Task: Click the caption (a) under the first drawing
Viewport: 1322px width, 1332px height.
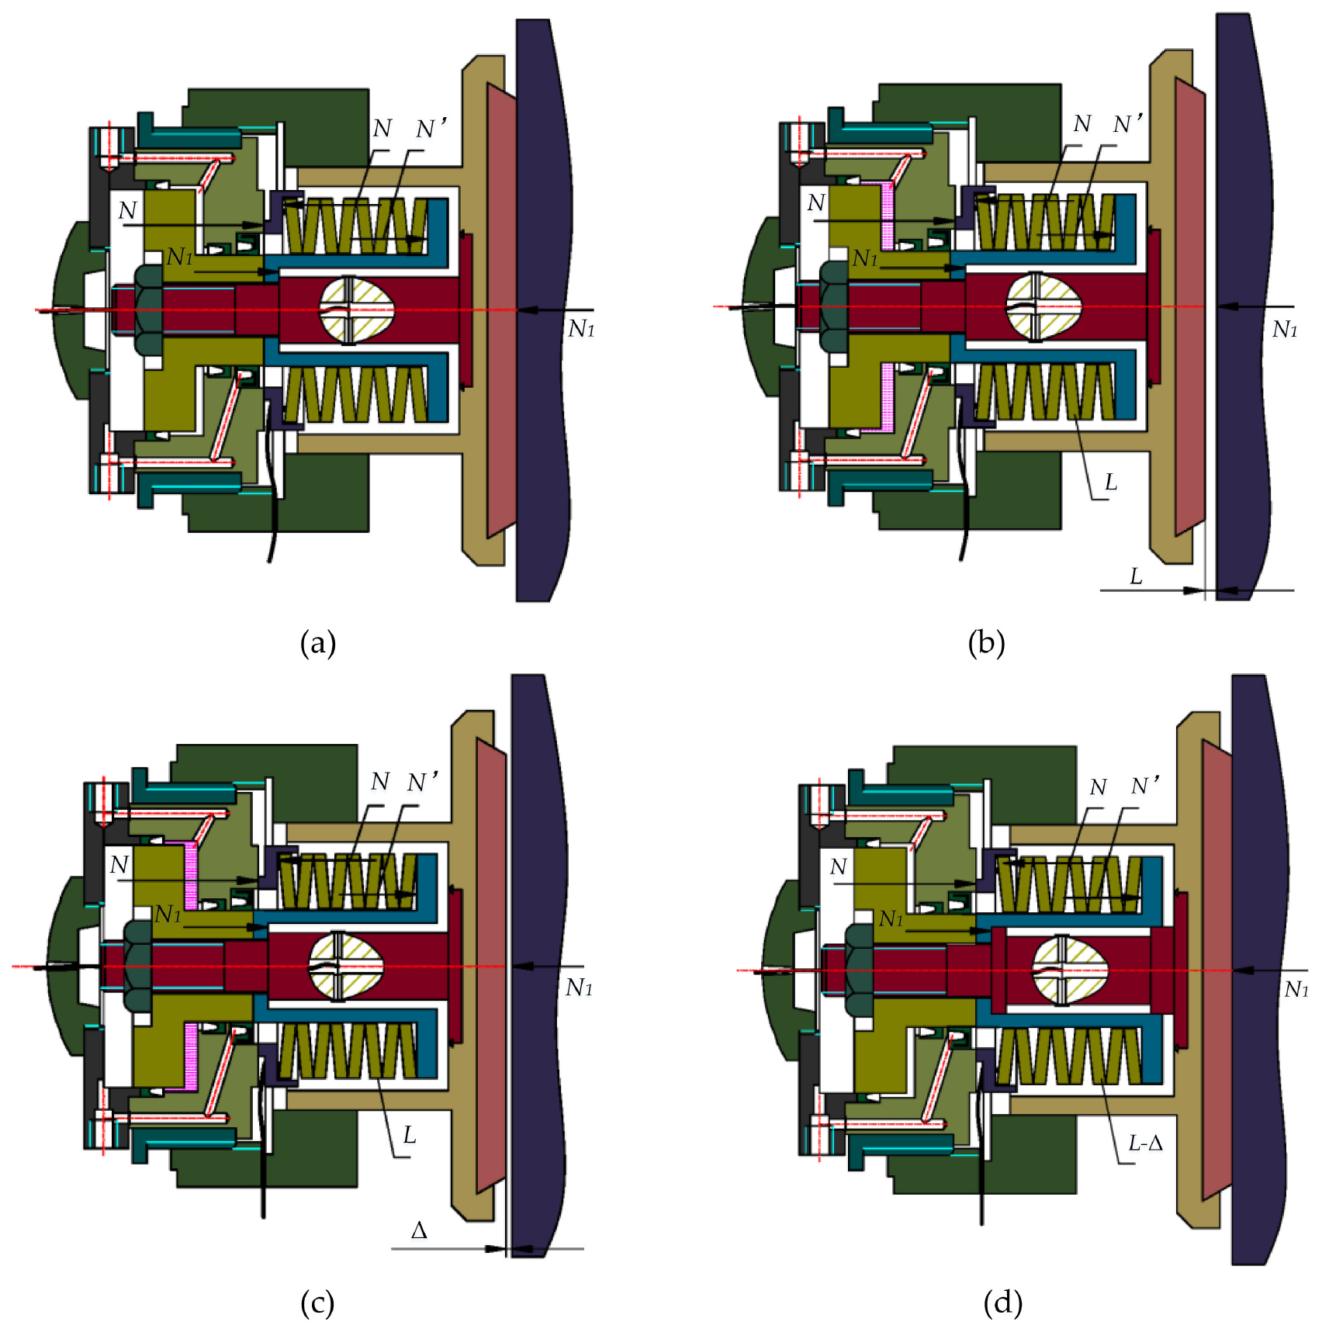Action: click(x=317, y=643)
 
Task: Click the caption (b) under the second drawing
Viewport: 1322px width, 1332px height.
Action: click(x=986, y=643)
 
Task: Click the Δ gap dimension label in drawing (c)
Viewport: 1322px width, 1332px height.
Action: click(x=419, y=1230)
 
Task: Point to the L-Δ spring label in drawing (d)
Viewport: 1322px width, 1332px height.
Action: click(x=1145, y=1143)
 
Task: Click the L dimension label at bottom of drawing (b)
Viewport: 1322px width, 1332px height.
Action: click(x=1136, y=576)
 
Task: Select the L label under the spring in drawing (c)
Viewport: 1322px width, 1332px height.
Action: click(x=410, y=1136)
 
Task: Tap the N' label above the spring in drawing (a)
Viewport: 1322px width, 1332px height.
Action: click(x=431, y=129)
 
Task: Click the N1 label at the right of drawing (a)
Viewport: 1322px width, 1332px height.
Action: click(x=581, y=330)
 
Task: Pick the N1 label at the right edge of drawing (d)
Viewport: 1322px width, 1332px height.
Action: click(x=1296, y=989)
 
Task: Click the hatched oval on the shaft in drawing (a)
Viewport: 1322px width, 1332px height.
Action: click(x=358, y=309)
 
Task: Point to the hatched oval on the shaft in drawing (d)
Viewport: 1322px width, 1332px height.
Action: click(x=1069, y=970)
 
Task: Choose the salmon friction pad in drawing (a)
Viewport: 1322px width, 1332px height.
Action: click(x=501, y=310)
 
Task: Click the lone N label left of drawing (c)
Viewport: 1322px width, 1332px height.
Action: click(x=119, y=865)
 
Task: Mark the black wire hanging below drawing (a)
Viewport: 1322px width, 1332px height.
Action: click(x=271, y=504)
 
